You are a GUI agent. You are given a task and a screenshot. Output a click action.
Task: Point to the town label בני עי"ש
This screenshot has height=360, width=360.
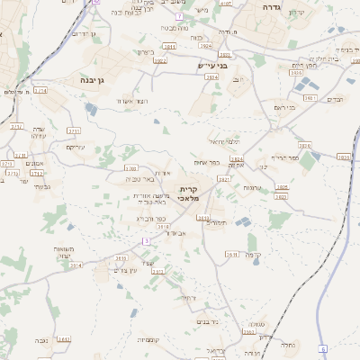213,66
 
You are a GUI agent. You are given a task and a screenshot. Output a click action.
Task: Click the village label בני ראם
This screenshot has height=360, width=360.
283,107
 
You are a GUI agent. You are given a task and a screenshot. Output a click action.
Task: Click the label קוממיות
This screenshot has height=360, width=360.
149,339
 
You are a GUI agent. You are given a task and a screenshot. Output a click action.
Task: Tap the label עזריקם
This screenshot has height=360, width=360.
76,147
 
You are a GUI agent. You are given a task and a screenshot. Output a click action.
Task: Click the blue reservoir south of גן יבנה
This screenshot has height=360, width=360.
92,109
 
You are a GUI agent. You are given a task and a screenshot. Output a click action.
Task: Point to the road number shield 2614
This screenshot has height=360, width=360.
76,265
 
